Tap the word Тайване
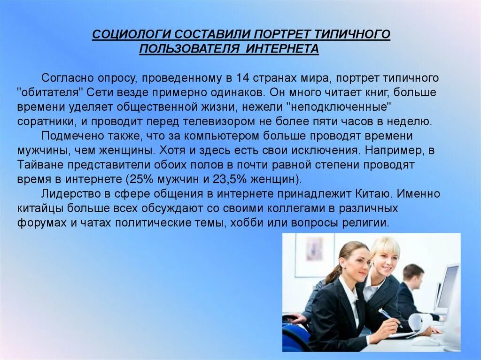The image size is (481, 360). click(40, 165)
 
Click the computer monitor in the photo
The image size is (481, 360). click(447, 286)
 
